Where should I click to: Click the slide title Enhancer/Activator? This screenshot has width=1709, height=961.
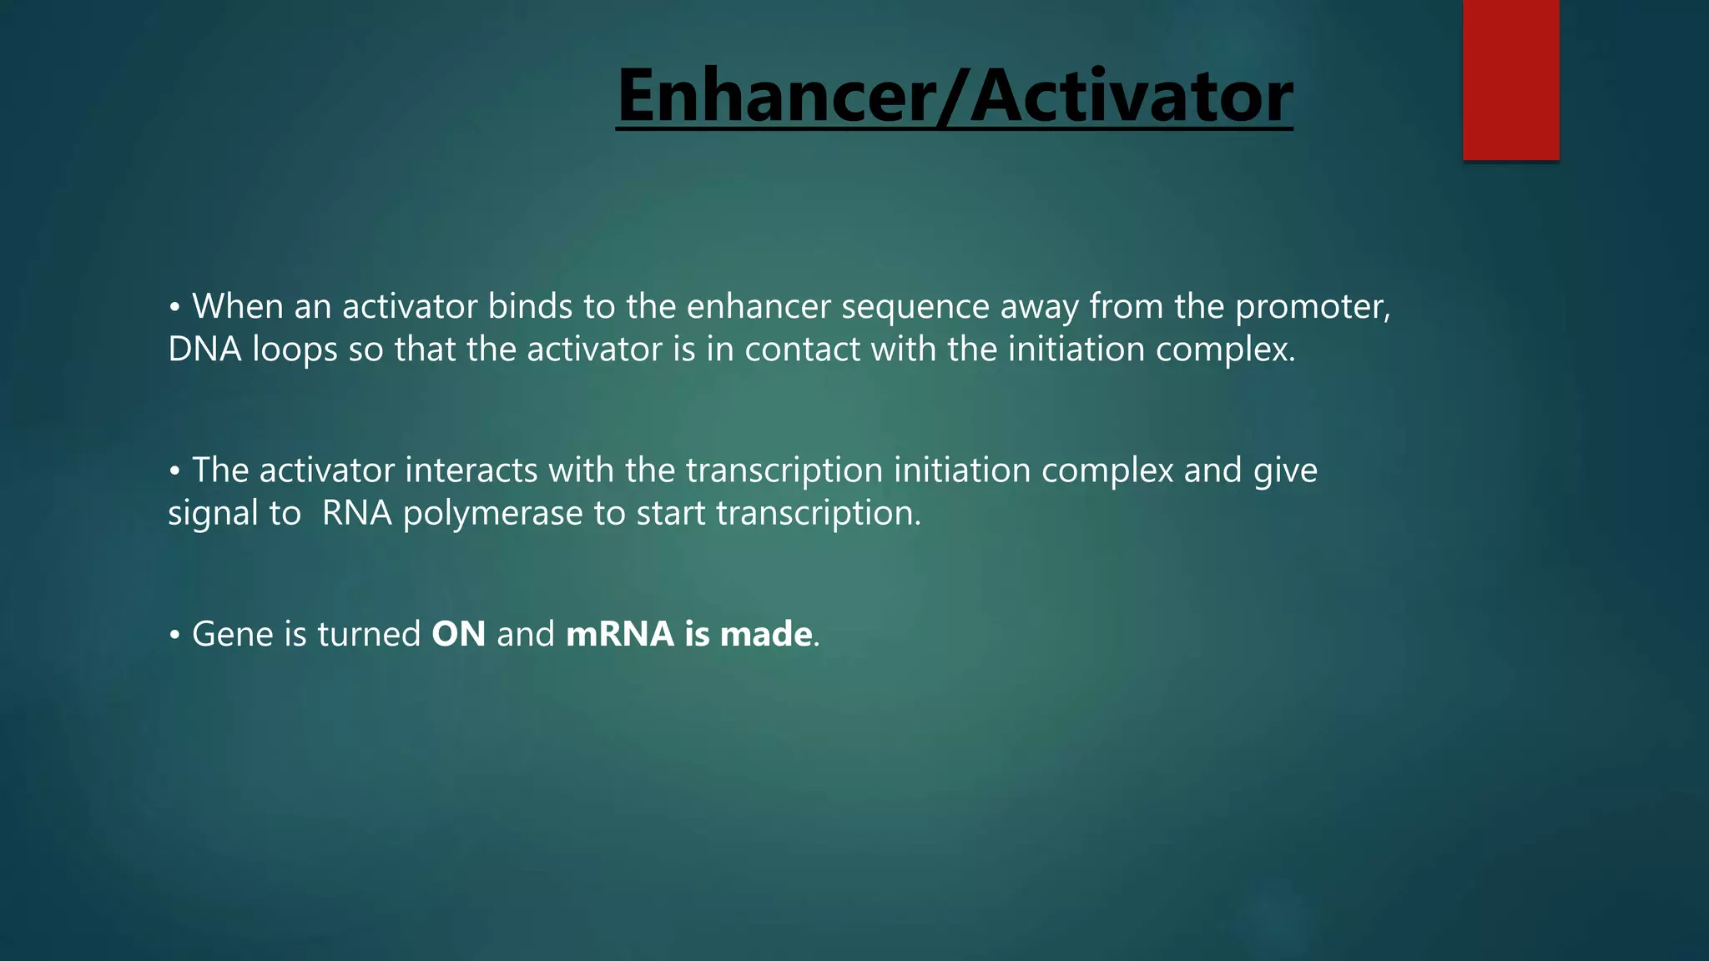[x=954, y=97]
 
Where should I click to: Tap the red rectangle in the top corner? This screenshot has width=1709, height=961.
[x=1510, y=80]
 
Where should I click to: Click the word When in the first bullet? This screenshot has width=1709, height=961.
[x=237, y=306]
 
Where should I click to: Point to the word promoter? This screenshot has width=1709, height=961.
[x=1313, y=308]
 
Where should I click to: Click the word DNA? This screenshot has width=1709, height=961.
[x=204, y=349]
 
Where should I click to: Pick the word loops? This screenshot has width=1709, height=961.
[x=294, y=350]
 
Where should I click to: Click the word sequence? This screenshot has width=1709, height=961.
[x=915, y=308]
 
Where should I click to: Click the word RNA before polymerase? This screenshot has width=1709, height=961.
[x=356, y=512]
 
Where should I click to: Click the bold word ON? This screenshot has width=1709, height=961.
[x=458, y=634]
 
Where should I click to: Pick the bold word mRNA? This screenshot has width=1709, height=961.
[x=619, y=634]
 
